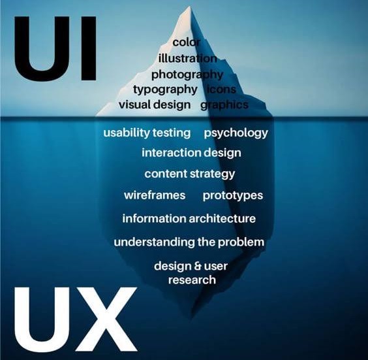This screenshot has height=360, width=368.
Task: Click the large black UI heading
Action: point(55,48)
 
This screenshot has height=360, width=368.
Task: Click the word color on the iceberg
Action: point(187,42)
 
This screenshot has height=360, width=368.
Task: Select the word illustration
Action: point(187,58)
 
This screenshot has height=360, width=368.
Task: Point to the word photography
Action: point(187,75)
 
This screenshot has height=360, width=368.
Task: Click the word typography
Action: point(166,90)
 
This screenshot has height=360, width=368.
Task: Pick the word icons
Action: point(222,90)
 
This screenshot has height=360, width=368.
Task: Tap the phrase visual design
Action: point(155,105)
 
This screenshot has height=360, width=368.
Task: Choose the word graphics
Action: point(224,105)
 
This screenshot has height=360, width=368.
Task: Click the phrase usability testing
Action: point(147,133)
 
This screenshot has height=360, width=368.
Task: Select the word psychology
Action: point(236,133)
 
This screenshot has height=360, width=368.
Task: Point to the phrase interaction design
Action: point(191,153)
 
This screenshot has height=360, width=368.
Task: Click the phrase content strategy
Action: point(190,174)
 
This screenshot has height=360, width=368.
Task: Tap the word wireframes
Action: point(155,195)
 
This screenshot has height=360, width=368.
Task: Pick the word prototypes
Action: point(232,196)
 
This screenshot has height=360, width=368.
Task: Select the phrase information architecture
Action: point(189,218)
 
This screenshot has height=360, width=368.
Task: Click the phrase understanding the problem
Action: point(189,242)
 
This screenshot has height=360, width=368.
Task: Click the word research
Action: point(192,280)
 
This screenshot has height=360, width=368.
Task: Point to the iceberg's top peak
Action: point(189,7)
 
